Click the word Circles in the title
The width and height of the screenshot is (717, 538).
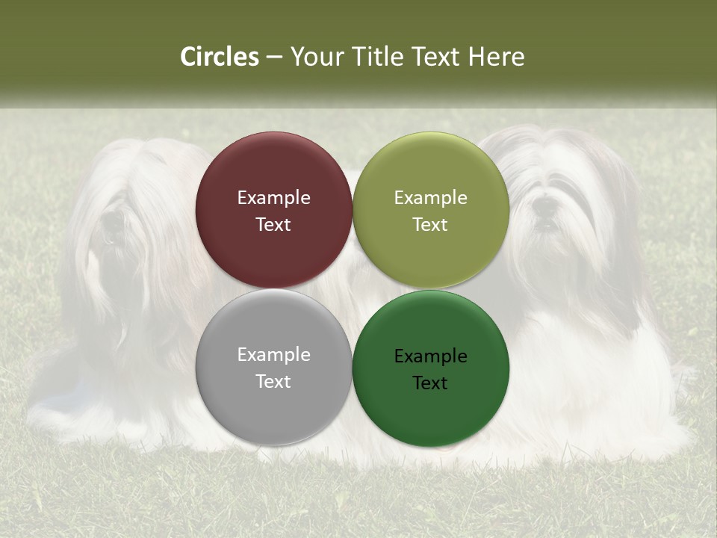pyautogui.click(x=219, y=57)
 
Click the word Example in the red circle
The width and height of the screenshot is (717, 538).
pyautogui.click(x=273, y=198)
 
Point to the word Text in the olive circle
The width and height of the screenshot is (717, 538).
pyautogui.click(x=430, y=225)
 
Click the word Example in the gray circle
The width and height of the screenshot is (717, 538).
pyautogui.click(x=273, y=355)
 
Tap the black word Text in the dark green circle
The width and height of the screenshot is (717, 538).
pyautogui.click(x=430, y=383)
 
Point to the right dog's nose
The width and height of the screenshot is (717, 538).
pyautogui.click(x=547, y=203)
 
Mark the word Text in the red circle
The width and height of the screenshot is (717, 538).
pyautogui.click(x=273, y=225)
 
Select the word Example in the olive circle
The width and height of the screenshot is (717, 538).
pyautogui.click(x=430, y=198)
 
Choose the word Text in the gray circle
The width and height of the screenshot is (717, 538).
pyautogui.click(x=273, y=382)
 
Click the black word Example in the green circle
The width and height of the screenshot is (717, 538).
pyautogui.click(x=430, y=356)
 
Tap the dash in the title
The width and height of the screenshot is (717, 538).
pyautogui.click(x=273, y=58)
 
